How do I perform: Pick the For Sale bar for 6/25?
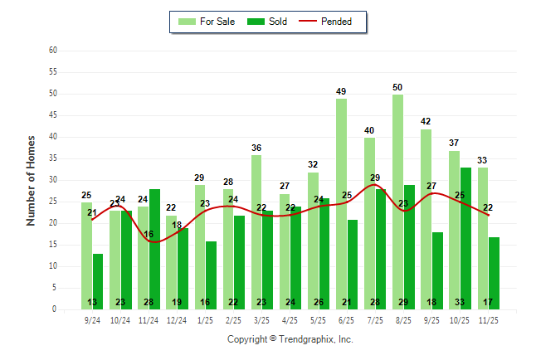[342, 203]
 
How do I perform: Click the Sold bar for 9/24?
[98, 281]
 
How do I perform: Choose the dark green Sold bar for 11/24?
[154, 249]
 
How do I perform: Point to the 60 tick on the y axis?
[52, 51]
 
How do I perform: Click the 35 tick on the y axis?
[52, 158]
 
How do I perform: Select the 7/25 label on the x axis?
[375, 320]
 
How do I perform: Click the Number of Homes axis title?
[31, 180]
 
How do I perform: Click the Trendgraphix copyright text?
[290, 339]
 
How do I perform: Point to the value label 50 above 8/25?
[398, 87]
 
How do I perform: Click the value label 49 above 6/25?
[342, 91]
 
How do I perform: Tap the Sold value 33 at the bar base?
[466, 303]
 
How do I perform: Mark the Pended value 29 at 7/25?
[375, 178]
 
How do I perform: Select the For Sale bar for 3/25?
[256, 232]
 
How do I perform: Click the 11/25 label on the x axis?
[489, 320]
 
